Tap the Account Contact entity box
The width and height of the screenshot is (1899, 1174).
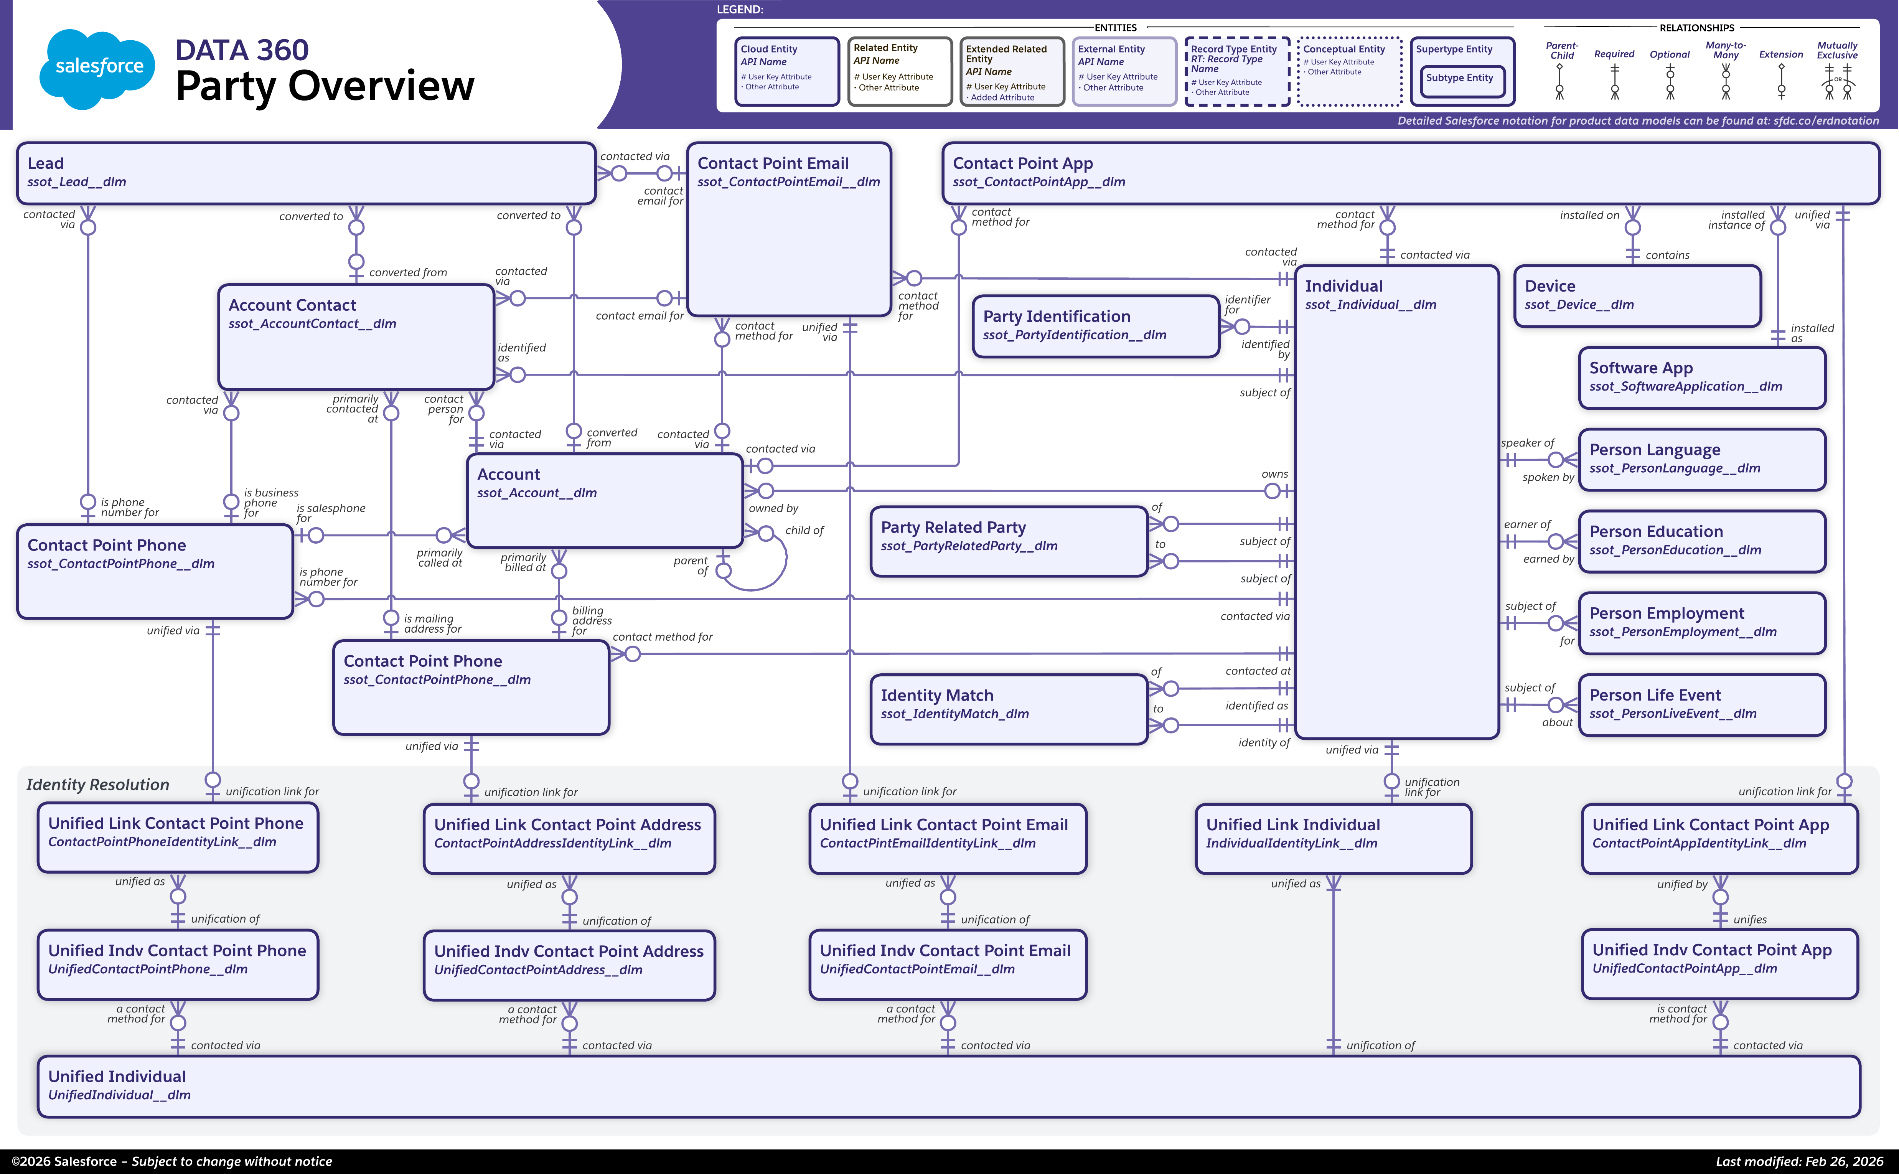[x=356, y=336]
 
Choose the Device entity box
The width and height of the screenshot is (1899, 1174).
[x=1637, y=296]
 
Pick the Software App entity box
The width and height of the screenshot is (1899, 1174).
[x=1702, y=378]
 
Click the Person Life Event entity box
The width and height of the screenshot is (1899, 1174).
[x=1702, y=704]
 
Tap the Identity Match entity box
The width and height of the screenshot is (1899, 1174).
[x=1009, y=709]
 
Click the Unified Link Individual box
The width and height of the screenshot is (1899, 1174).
[x=1333, y=839]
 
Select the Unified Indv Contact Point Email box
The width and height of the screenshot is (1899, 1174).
[x=947, y=965]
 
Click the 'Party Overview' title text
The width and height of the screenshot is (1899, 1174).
[x=325, y=86]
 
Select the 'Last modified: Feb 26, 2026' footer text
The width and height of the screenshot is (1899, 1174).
[x=1799, y=1161]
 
